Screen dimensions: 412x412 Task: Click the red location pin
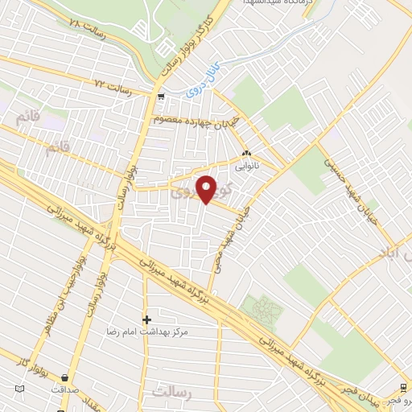[207, 188]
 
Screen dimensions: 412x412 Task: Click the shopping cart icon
[162, 97]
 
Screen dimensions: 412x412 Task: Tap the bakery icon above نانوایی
[246, 154]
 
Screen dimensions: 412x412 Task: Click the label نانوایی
[246, 170]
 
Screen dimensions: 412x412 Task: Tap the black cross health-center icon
[146, 319]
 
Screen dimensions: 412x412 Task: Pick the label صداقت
[64, 389]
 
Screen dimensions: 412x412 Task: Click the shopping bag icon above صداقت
[64, 377]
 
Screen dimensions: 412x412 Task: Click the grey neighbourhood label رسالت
[171, 391]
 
